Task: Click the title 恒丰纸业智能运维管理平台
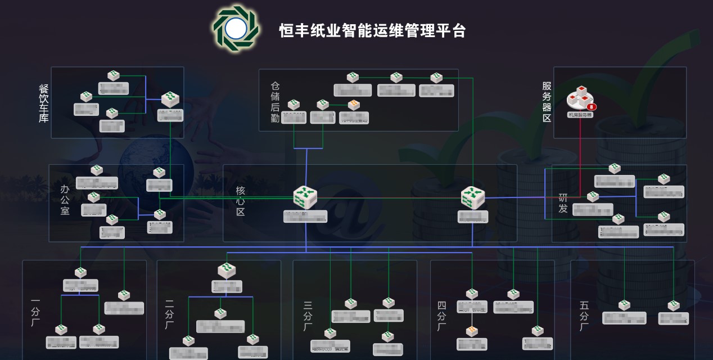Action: pyautogui.click(x=372, y=30)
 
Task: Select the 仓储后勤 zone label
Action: pyautogui.click(x=275, y=102)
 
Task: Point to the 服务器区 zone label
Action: pyautogui.click(x=547, y=102)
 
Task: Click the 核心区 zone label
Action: pyautogui.click(x=241, y=201)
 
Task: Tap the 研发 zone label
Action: pyautogui.click(x=563, y=203)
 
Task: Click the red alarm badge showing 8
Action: pyautogui.click(x=591, y=106)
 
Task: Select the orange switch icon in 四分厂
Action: pyautogui.click(x=471, y=331)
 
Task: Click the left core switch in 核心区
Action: pyautogui.click(x=305, y=197)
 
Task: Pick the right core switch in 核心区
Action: pyautogui.click(x=472, y=197)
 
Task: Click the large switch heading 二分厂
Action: pyautogui.click(x=227, y=270)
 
